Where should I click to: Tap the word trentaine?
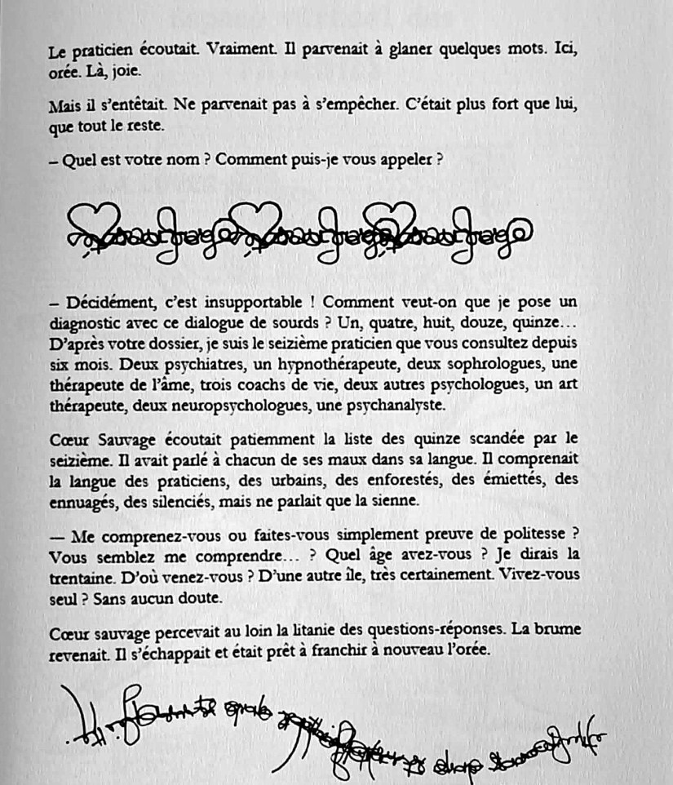tap(79, 577)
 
